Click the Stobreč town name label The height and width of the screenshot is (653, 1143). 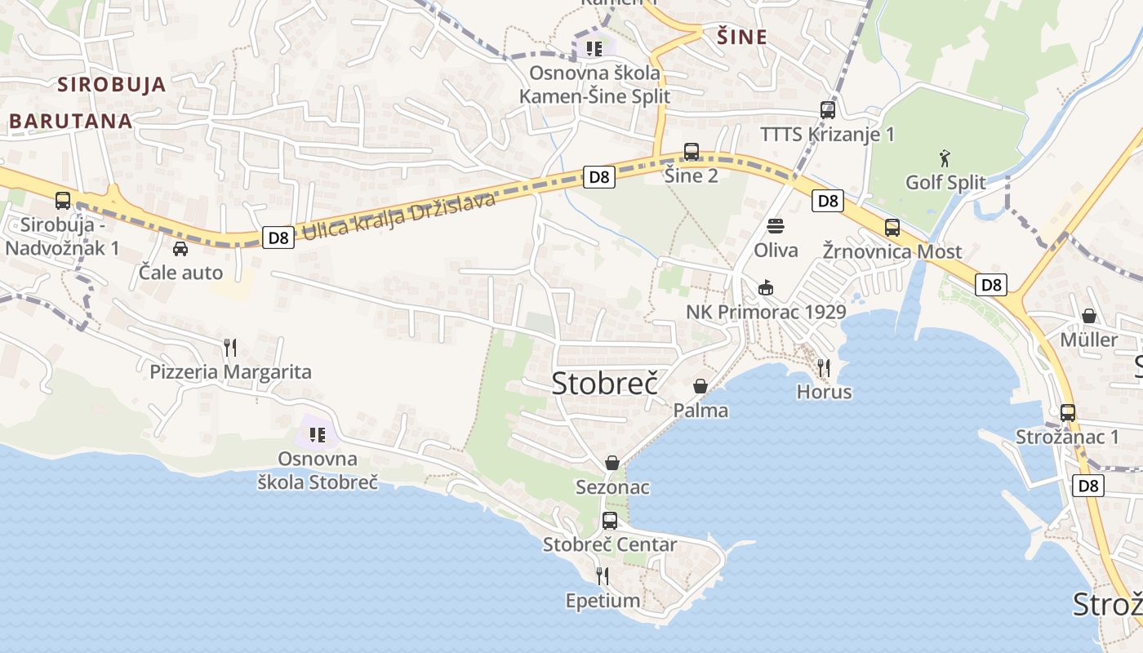pos(605,383)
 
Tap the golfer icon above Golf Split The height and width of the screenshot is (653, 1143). pos(945,157)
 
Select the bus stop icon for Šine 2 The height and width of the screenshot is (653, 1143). pos(692,151)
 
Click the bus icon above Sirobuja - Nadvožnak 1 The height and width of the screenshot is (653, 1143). pos(63,200)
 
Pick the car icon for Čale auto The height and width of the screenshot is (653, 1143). pos(180,248)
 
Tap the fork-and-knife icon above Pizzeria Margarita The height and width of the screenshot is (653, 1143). pos(230,348)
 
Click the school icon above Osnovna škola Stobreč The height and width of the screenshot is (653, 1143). pos(318,435)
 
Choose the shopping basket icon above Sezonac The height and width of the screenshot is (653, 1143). pos(612,463)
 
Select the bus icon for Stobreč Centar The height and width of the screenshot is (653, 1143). pos(610,520)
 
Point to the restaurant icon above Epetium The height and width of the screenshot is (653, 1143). pos(603,576)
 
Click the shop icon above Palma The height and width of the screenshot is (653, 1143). pos(700,385)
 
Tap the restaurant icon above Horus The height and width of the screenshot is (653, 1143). pos(824,368)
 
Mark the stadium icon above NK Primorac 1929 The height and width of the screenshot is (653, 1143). pos(766,287)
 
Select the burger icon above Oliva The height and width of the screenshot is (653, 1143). pos(775,225)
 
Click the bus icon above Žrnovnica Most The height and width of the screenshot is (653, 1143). pos(892,227)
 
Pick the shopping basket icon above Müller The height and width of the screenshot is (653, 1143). pos(1089,315)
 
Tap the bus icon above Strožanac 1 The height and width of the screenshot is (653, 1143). pos(1068,412)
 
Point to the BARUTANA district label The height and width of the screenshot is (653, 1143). pos(71,121)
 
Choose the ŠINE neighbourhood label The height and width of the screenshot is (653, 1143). pos(742,37)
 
